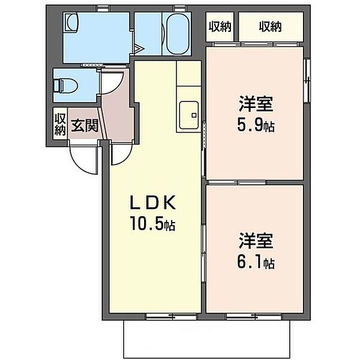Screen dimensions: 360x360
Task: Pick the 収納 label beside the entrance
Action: [x=60, y=123]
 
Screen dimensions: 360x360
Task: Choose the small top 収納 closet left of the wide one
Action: [x=220, y=26]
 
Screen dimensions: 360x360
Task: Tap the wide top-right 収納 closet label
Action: [x=271, y=26]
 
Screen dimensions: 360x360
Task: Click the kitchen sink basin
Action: [x=188, y=112]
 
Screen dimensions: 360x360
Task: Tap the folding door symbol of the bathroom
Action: [x=137, y=48]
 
